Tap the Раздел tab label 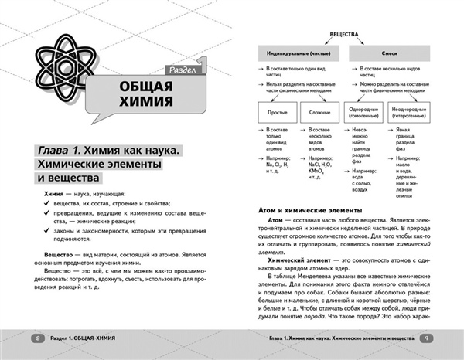pos(184,71)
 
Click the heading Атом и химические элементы pos(310,208)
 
